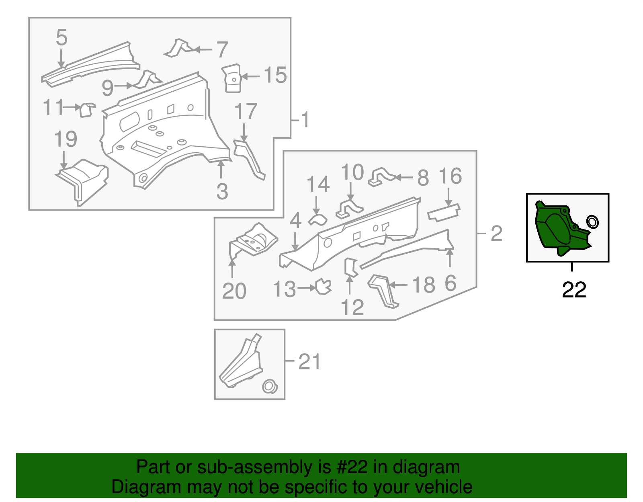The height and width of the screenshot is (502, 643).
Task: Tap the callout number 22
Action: pos(574,290)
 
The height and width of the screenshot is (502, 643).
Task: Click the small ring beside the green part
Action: pos(592,221)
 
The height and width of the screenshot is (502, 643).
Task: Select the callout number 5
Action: pos(61,37)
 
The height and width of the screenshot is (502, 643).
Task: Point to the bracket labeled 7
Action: pos(178,48)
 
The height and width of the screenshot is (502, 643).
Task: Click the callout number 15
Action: pos(275,75)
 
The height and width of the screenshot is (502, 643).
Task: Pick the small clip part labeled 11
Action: pos(87,110)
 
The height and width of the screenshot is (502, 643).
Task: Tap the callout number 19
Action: pos(66,139)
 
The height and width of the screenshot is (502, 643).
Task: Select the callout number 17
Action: pos(246,112)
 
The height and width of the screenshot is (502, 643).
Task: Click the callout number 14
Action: pos(318,184)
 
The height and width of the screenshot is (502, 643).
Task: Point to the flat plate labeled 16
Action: pos(444,213)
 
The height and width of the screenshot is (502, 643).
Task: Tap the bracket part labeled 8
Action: pos(381,177)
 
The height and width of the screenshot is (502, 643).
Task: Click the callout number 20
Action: pos(234,291)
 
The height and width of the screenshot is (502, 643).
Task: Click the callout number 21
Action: pos(309,362)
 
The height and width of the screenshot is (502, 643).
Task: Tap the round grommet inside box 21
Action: pos(269,387)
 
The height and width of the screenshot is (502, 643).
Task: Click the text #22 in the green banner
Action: pos(349,467)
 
